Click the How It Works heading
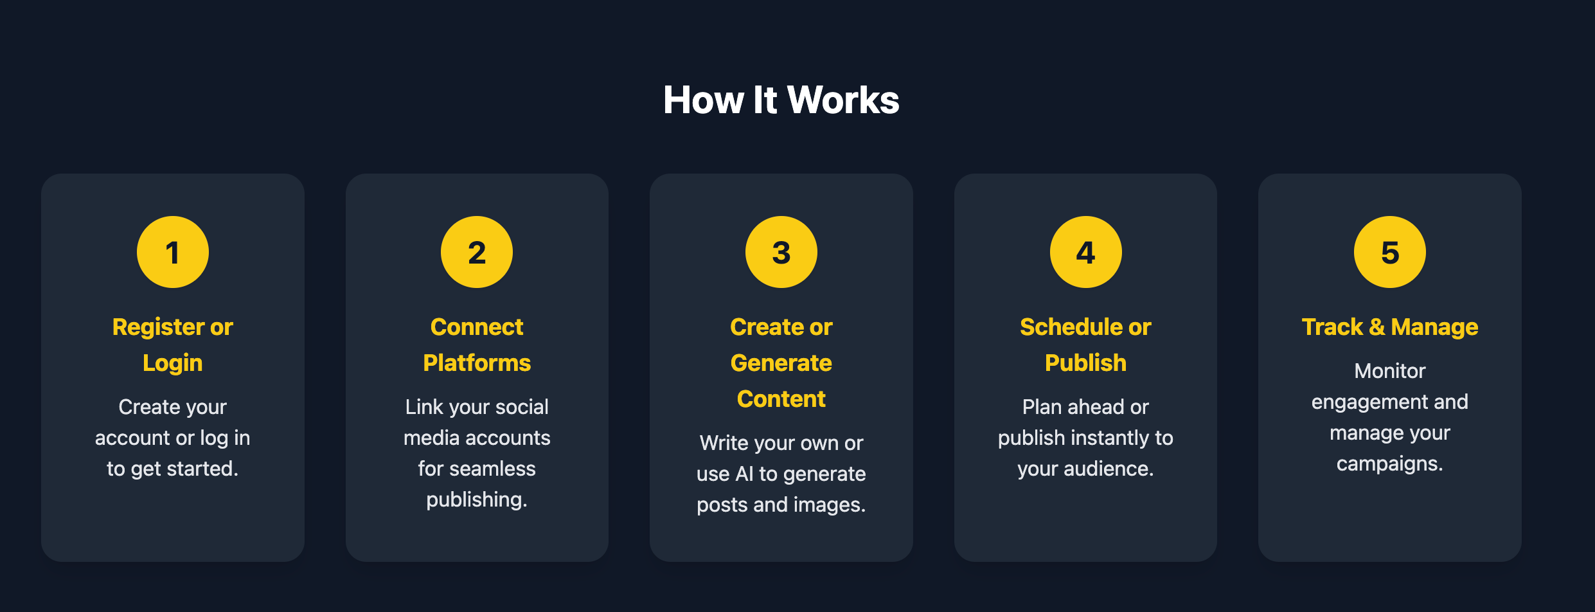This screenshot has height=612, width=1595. click(x=781, y=100)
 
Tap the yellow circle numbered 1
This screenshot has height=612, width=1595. click(x=172, y=252)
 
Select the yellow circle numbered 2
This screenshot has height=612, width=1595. click(x=477, y=252)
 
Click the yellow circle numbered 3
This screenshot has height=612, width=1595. click(x=781, y=252)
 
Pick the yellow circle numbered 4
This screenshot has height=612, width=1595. click(x=1085, y=252)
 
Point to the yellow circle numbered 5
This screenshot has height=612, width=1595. click(x=1389, y=252)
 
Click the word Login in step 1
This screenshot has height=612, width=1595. click(x=172, y=363)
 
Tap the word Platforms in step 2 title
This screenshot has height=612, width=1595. click(x=477, y=363)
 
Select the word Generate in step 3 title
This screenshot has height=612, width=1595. click(x=781, y=363)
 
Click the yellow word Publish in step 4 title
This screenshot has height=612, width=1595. click(x=1085, y=363)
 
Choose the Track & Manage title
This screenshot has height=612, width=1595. click(x=1389, y=327)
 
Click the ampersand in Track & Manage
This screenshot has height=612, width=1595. click(x=1377, y=327)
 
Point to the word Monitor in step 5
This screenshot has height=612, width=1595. click(x=1389, y=371)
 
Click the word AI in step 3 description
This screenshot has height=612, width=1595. click(x=744, y=474)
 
